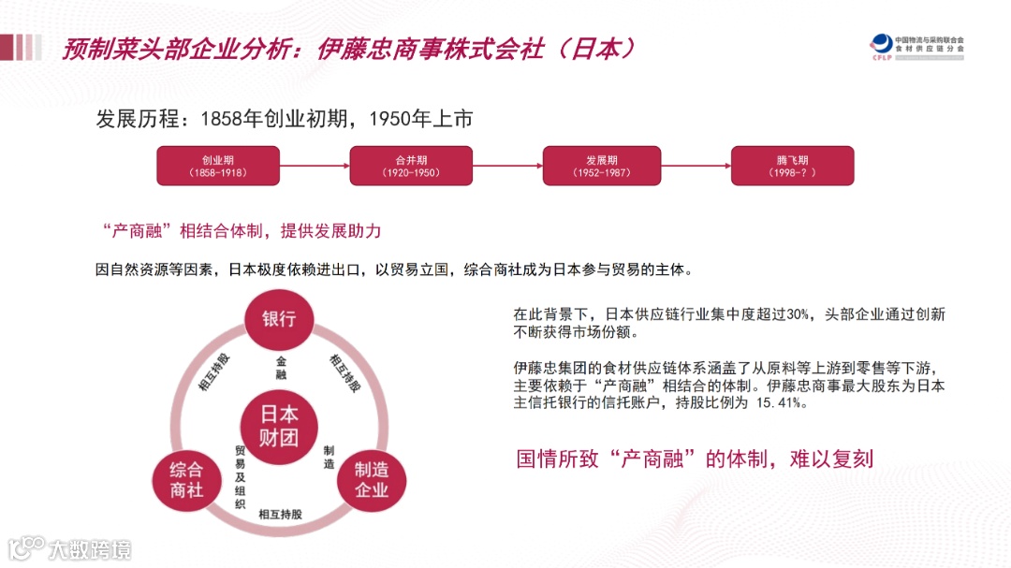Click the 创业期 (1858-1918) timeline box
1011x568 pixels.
(x=218, y=166)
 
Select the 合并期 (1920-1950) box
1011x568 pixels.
(x=411, y=166)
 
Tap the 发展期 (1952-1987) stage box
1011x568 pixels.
(x=602, y=166)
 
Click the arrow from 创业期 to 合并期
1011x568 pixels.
(x=315, y=167)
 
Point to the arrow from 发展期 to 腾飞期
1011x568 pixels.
(x=698, y=167)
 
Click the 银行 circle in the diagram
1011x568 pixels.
(x=279, y=318)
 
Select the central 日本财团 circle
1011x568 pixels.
(x=279, y=426)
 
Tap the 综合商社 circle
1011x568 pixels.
(x=186, y=479)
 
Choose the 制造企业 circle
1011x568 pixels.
(x=372, y=479)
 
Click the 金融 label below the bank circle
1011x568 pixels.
(x=280, y=367)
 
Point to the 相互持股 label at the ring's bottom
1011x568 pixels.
(x=280, y=514)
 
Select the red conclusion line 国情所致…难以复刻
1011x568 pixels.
(x=695, y=459)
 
